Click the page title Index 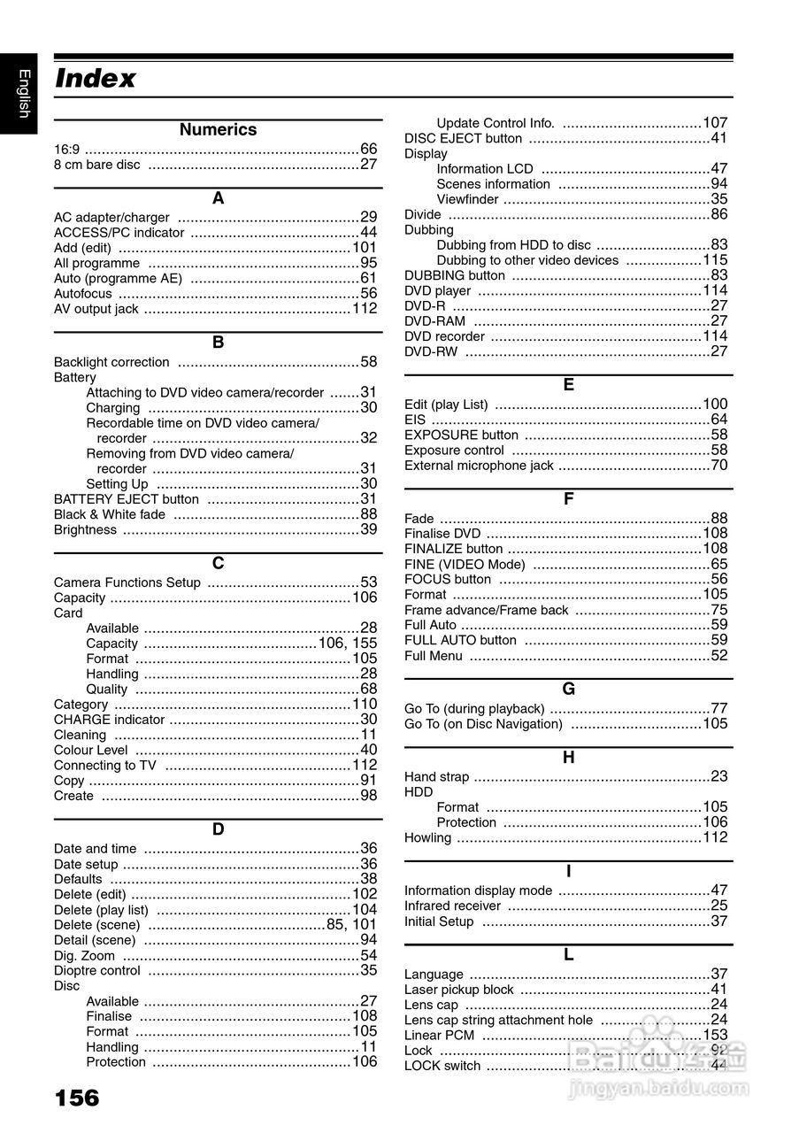coord(96,79)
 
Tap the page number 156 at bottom coord(77,1098)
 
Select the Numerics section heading coord(218,130)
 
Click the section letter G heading coord(568,689)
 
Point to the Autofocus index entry coord(83,293)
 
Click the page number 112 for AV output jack coord(365,308)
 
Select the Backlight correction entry coord(111,362)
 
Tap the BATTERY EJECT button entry coord(127,499)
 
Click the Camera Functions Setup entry coord(127,582)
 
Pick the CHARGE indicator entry coord(109,720)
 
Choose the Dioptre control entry coord(97,970)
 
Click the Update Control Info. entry coord(496,123)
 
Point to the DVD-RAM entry coord(434,321)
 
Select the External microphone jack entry coord(479,466)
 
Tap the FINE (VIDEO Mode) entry coord(465,564)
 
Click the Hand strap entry coord(437,776)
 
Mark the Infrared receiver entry coord(452,906)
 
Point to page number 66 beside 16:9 coord(368,149)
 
